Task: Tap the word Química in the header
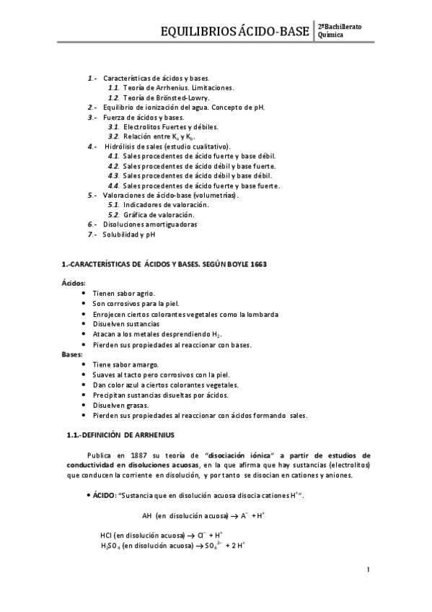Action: point(331,35)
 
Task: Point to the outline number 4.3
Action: point(113,175)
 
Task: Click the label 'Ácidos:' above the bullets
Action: point(73,284)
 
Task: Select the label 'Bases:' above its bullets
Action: point(71,354)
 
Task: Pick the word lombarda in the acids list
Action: point(263,314)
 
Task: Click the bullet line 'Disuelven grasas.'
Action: point(121,405)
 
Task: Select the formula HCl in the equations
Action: point(107,535)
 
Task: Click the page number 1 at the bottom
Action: point(368,570)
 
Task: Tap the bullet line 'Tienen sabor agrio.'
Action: point(124,294)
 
